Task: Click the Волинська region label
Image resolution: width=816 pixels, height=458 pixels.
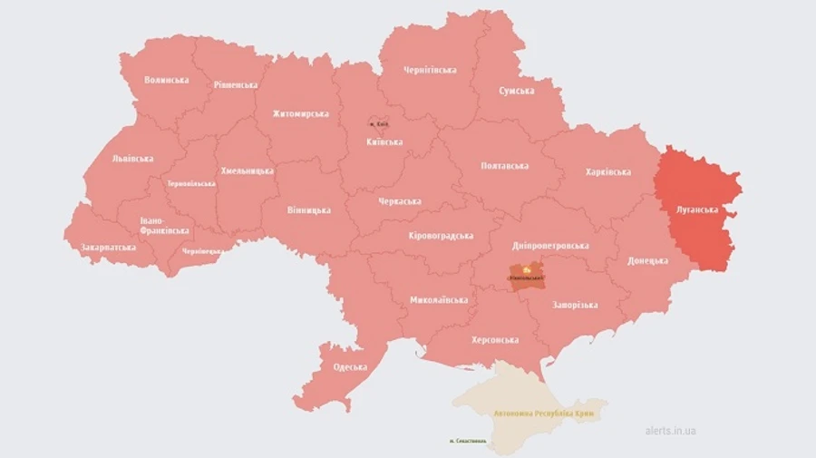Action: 167,80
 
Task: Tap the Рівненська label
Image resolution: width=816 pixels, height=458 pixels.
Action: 236,85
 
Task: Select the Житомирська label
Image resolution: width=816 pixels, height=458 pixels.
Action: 300,114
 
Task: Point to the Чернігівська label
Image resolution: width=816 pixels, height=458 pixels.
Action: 431,70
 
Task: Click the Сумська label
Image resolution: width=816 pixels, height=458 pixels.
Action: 517,91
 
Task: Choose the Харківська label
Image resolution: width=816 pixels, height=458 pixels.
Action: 607,171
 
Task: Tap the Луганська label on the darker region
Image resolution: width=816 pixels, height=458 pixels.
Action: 697,210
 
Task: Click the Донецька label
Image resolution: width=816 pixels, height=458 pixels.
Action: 647,260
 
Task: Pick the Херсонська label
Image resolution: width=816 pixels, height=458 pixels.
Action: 495,340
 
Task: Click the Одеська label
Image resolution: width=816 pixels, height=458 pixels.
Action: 350,367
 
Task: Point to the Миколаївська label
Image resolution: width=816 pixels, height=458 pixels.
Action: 439,299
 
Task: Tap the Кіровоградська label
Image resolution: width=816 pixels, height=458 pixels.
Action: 441,236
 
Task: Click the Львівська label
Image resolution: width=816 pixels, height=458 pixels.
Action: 132,159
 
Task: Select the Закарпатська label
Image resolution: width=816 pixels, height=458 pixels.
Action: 109,247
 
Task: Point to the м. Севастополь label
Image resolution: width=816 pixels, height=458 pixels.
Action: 468,442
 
